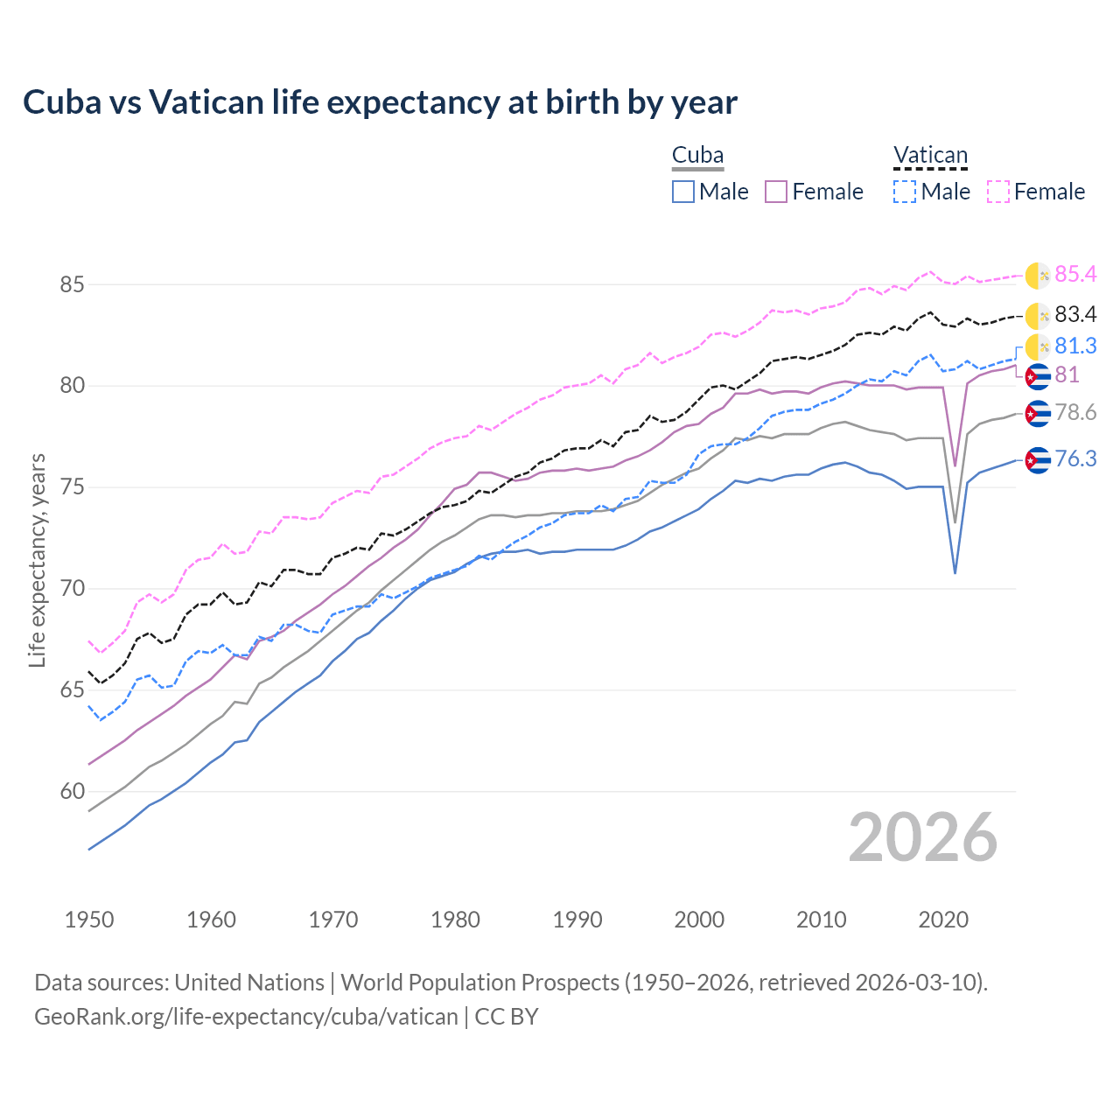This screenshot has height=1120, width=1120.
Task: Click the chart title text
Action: pos(380,102)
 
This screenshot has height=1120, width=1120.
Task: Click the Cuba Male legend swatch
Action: pos(683,192)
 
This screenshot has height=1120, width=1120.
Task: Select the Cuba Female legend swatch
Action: pos(776,192)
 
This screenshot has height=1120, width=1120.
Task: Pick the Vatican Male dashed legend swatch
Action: pos(905,192)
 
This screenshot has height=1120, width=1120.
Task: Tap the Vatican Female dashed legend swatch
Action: pos(997,192)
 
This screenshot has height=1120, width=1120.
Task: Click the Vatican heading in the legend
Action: pos(930,156)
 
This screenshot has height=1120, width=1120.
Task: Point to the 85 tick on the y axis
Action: pos(73,284)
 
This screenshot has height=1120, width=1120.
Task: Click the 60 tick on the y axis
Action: pos(73,792)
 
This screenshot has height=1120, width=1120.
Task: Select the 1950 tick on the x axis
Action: pos(89,920)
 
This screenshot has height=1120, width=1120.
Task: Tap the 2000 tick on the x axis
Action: pos(699,920)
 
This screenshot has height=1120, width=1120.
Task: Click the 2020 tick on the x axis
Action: pos(943,920)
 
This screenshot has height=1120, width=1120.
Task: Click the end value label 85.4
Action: pos(1075,275)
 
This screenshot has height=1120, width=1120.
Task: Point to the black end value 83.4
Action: pos(1075,314)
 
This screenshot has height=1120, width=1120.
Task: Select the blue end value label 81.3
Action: pos(1075,346)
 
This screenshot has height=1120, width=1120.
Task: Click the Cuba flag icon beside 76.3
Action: pos(1038,460)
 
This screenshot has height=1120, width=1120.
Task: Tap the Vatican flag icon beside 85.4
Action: pos(1038,275)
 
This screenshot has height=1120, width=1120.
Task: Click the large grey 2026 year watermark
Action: pos(922,838)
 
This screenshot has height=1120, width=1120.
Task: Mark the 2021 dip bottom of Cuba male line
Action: pos(955,573)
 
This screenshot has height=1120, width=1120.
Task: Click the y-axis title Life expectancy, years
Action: pos(37,560)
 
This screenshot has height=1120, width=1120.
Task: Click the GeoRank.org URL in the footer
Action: pos(246,1017)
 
